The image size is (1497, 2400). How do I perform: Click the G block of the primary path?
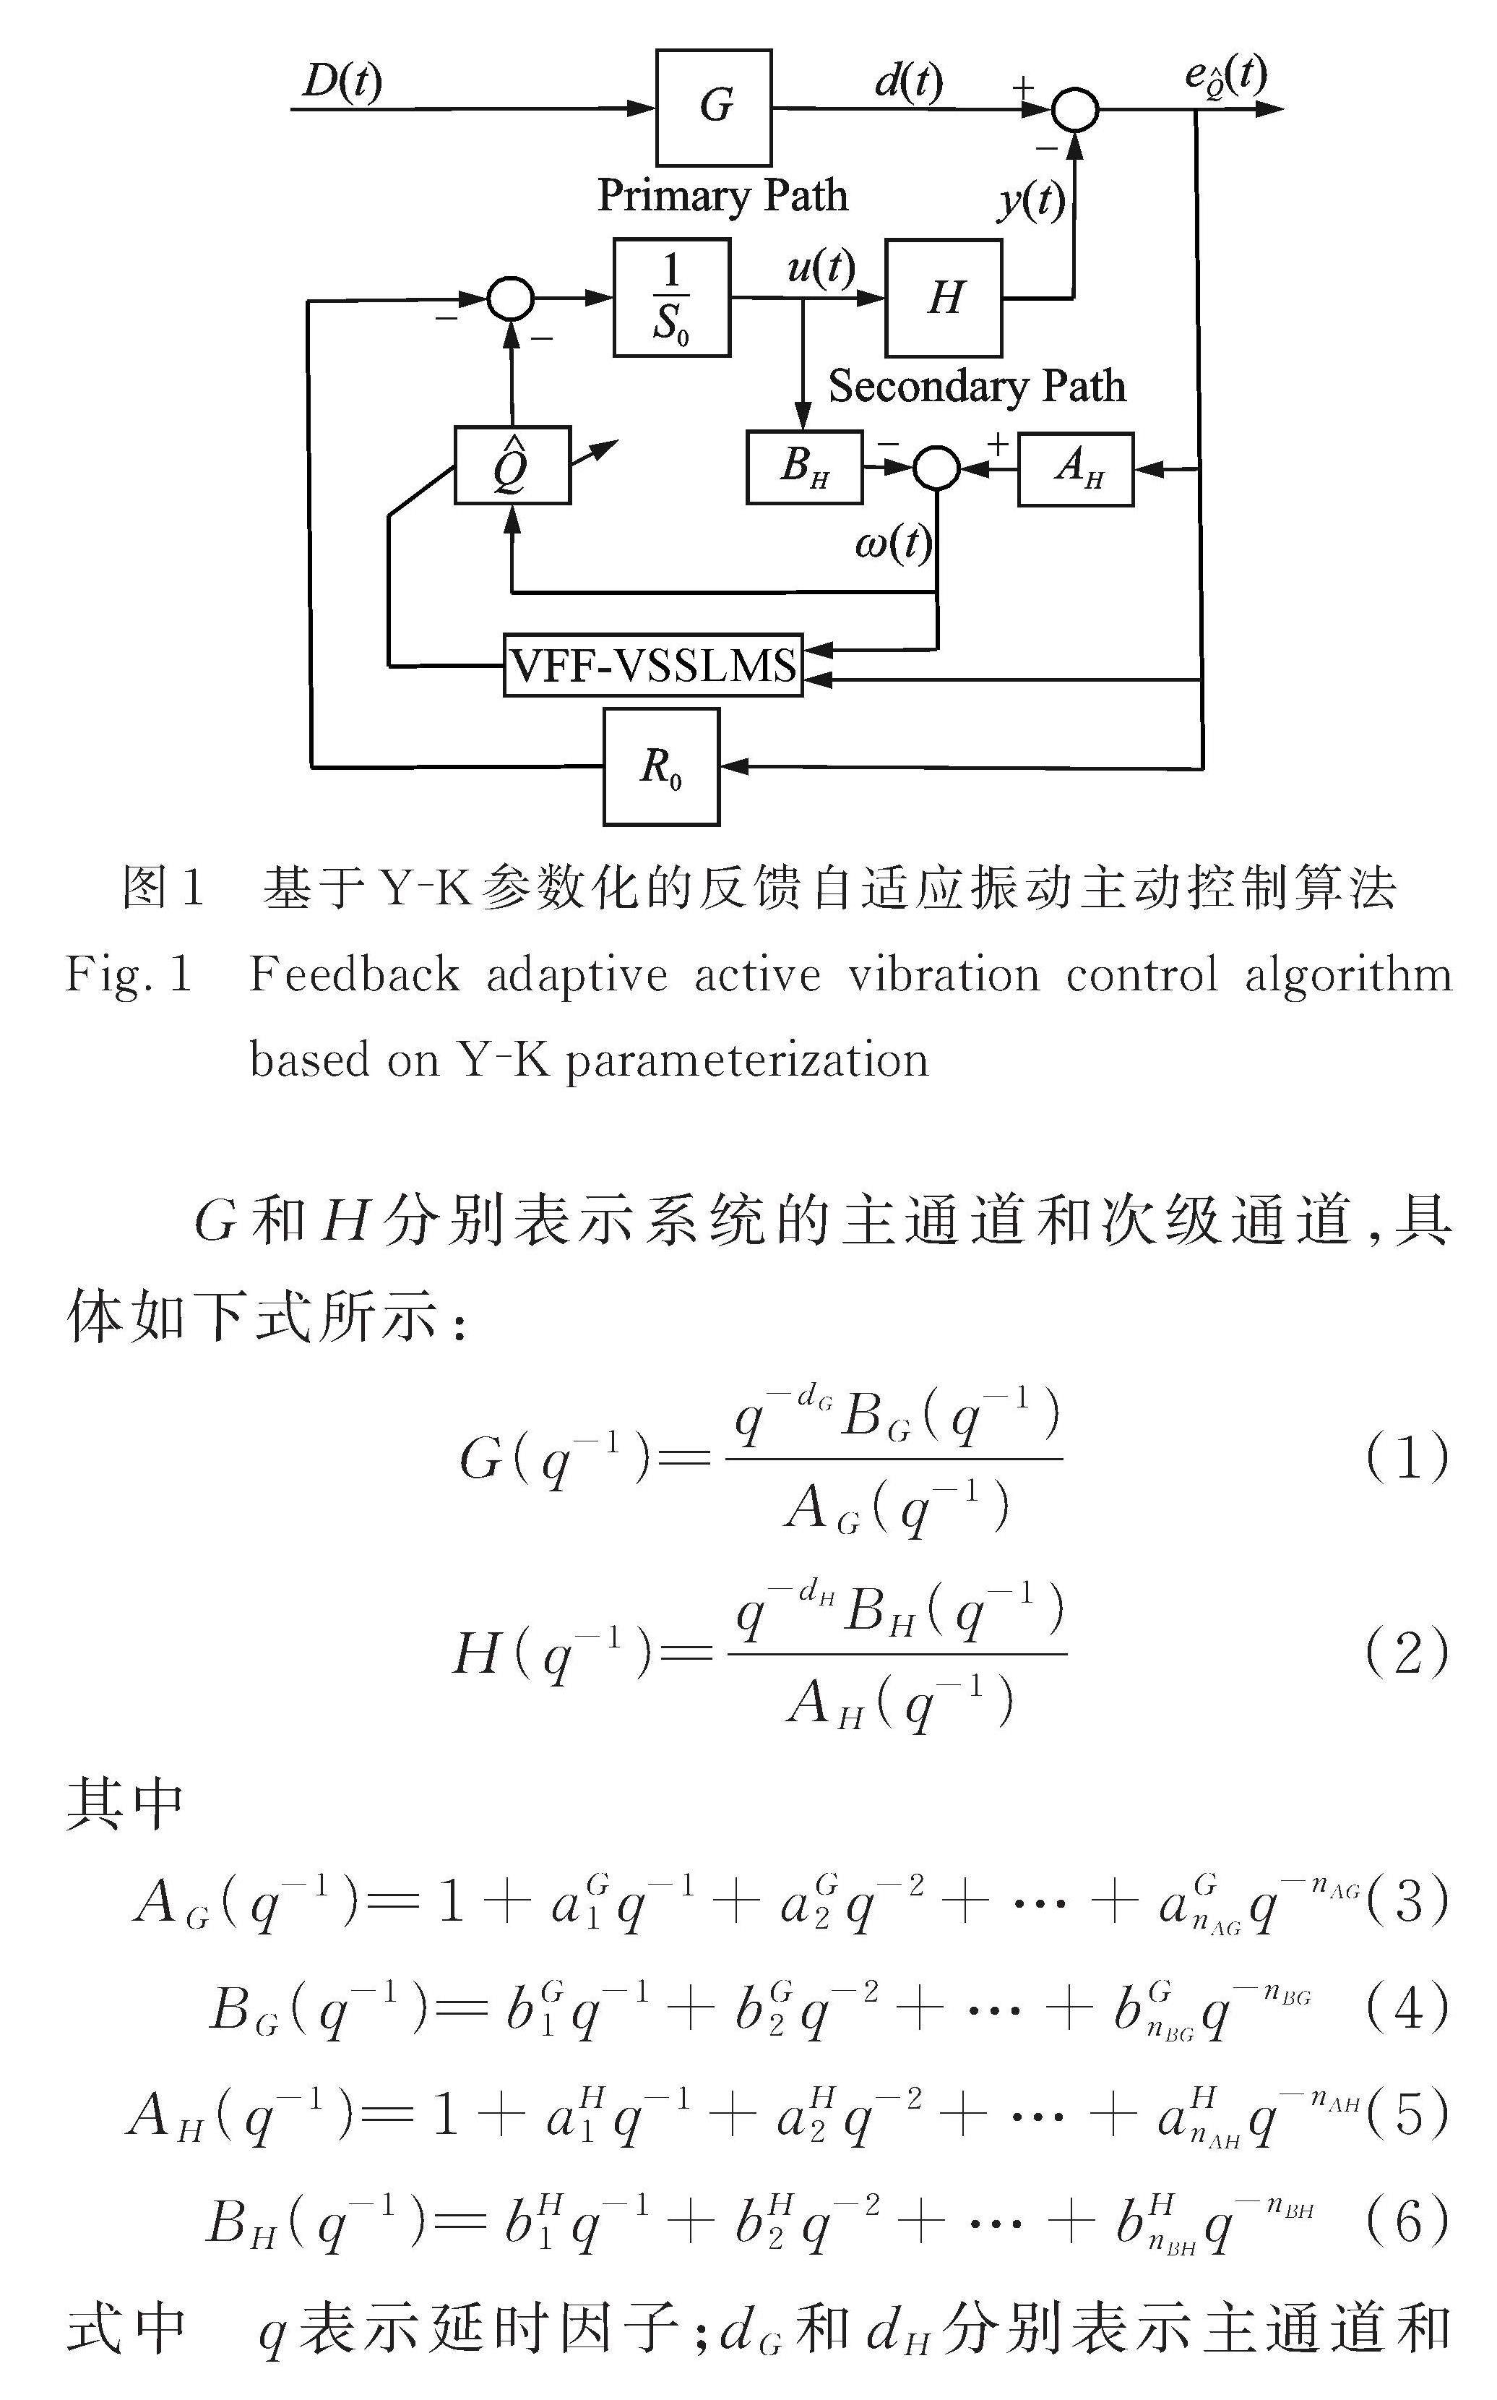click(x=713, y=107)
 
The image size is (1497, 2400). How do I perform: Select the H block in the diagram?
click(x=944, y=297)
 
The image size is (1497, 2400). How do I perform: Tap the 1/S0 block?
click(x=671, y=297)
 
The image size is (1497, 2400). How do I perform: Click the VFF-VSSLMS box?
click(x=653, y=666)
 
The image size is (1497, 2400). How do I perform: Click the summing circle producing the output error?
click(x=1074, y=109)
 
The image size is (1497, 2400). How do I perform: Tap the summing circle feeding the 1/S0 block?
click(x=511, y=297)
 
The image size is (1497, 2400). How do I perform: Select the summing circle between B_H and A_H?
click(x=936, y=468)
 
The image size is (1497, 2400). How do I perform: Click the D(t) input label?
click(x=342, y=81)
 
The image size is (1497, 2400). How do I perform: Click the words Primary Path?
click(x=722, y=195)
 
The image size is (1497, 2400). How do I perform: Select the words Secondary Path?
click(x=978, y=386)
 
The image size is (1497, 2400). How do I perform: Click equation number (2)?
click(x=1406, y=1653)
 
